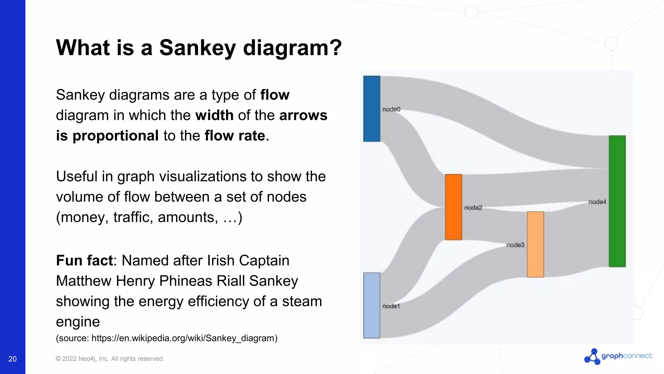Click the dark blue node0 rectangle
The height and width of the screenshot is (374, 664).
coord(372,109)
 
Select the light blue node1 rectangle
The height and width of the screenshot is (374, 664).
coord(372,305)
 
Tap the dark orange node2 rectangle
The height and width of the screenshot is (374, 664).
coord(453,207)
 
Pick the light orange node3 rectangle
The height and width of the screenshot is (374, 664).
coord(535,244)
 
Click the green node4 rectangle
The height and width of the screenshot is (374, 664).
coord(617,201)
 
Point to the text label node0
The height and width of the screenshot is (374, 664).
coord(391,109)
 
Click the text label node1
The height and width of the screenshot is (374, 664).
coord(391,306)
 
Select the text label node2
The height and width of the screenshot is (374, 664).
coord(473,208)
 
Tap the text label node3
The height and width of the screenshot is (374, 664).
coord(515,245)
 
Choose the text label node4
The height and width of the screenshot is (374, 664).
coord(597,202)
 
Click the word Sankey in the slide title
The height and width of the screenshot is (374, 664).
coord(197,48)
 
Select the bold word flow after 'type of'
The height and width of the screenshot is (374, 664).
coord(275,95)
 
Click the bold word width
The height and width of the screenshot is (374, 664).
coord(214,116)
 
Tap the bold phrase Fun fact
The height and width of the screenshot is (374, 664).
coord(84,261)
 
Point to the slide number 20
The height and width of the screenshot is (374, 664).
coord(13,359)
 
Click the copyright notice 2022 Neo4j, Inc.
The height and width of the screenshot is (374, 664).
coord(110,359)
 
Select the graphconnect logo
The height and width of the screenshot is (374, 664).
coord(618,356)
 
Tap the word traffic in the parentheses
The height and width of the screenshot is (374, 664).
coord(133,217)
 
